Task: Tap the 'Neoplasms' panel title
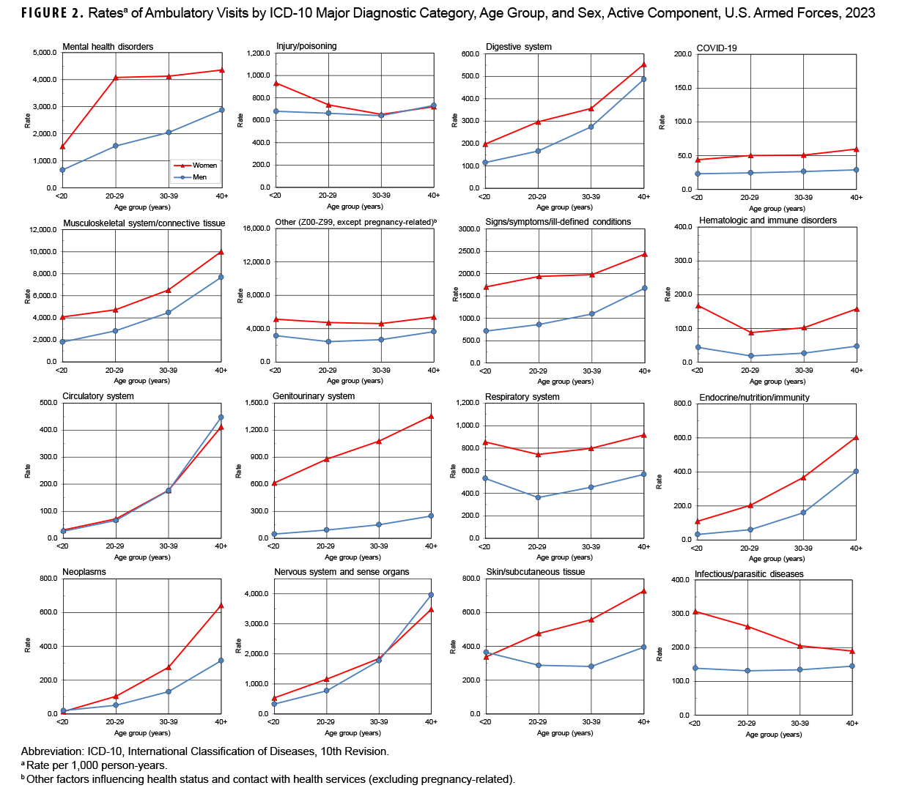point(84,572)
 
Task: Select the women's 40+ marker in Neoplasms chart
point(221,606)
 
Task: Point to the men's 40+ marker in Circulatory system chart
point(221,417)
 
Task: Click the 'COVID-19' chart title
point(717,48)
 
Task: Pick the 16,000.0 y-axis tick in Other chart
point(256,228)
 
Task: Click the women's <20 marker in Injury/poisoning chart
point(276,83)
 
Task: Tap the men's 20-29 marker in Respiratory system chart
point(538,497)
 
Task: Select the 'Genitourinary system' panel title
point(314,396)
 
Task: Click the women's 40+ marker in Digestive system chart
point(644,64)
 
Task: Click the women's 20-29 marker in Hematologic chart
point(750,332)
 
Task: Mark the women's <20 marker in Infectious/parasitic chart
point(695,612)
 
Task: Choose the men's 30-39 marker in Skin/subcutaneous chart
point(591,666)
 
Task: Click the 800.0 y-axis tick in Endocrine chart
point(682,404)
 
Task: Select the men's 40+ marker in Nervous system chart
point(431,595)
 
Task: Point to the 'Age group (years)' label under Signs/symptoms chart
point(565,381)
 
